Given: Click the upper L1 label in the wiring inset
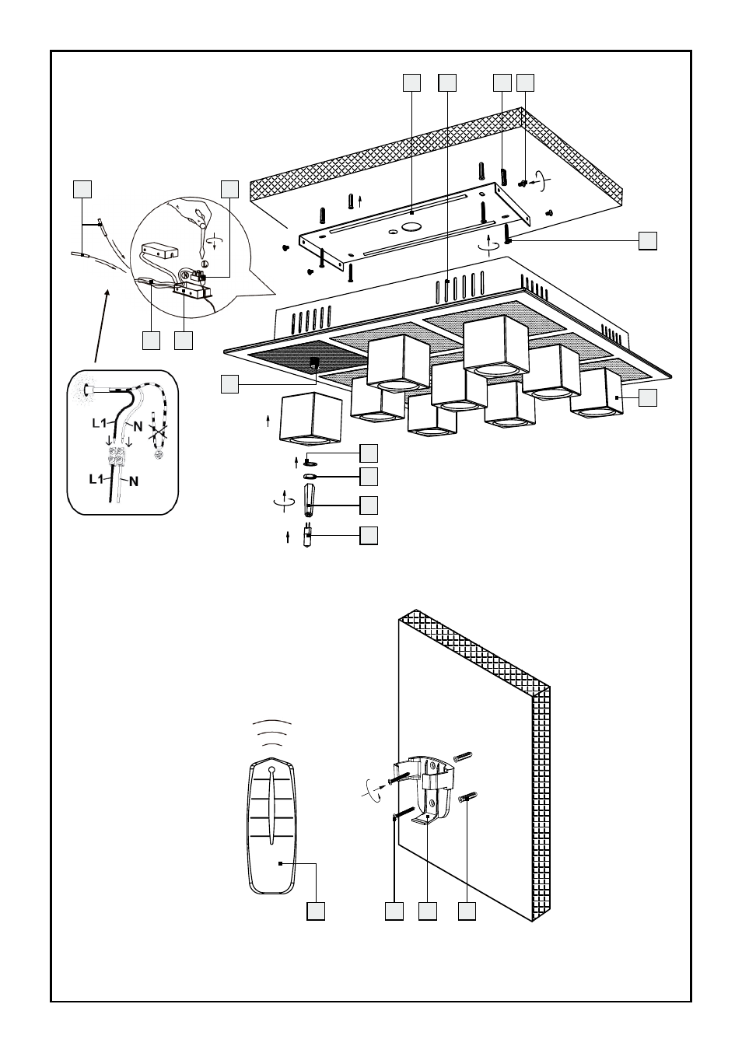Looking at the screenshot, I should pyautogui.click(x=98, y=424).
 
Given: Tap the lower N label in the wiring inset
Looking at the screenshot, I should pyautogui.click(x=134, y=481).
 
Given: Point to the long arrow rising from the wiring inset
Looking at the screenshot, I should pyautogui.click(x=102, y=327).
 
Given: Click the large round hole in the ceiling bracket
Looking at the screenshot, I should pyautogui.click(x=409, y=229).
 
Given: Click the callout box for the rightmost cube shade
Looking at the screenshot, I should pyautogui.click(x=648, y=397).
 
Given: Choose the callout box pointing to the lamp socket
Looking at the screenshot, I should pyautogui.click(x=229, y=383).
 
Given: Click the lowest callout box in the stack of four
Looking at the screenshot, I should pyautogui.click(x=369, y=536).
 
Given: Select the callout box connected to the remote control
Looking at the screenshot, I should pyautogui.click(x=315, y=911).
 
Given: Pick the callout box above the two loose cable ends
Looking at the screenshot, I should pyautogui.click(x=82, y=188).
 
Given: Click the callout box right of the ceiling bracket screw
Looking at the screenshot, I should pyautogui.click(x=648, y=240).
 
